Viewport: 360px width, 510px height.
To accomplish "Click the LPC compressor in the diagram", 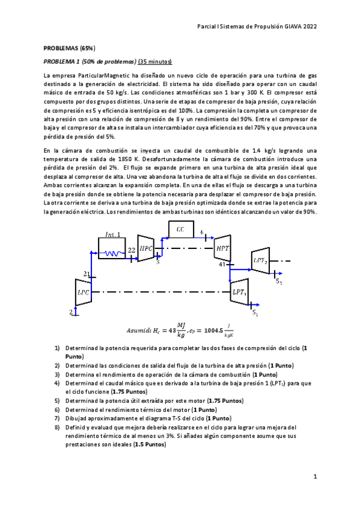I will coord(82,293).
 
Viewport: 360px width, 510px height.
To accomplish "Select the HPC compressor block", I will coord(146,248).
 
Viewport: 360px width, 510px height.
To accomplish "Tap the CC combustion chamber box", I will coord(180,229).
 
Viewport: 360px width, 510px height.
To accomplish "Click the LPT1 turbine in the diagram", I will coord(239,292).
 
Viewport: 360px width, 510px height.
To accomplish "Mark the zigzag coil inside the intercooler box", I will coord(115,254).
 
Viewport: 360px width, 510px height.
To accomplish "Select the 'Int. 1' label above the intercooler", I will coord(113,234).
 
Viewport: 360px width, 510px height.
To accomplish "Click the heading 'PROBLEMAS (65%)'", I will coord(69,48).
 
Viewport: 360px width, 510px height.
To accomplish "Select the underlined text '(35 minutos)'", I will coord(155,62).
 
